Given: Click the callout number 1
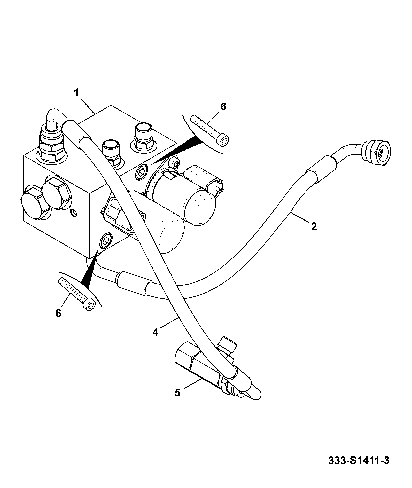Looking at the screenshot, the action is [76, 93].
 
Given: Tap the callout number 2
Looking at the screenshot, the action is [314, 226].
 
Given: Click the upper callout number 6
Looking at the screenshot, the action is [223, 106].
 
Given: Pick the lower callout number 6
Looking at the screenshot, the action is [58, 313].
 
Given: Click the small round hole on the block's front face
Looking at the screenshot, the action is [74, 213].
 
